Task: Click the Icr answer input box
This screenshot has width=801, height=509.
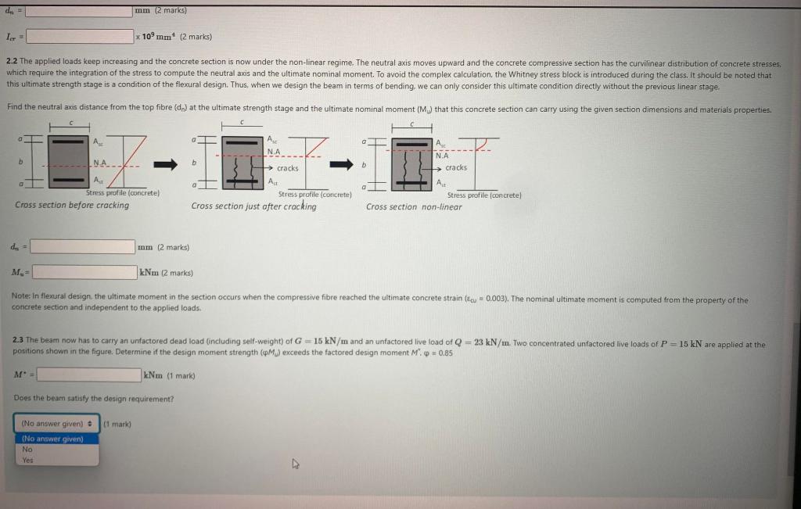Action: click(x=80, y=37)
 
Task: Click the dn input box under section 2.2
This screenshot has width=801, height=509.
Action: click(x=83, y=246)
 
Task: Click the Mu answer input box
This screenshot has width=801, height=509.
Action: click(x=84, y=272)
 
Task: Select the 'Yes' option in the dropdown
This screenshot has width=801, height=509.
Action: click(x=28, y=460)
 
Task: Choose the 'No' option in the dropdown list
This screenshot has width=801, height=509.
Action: click(x=27, y=450)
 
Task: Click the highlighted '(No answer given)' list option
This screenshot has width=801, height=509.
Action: click(x=52, y=439)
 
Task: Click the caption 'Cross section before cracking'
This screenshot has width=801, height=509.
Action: click(x=72, y=205)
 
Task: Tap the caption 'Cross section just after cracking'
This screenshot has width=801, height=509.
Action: click(x=253, y=206)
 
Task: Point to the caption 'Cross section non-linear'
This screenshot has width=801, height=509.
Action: click(x=414, y=207)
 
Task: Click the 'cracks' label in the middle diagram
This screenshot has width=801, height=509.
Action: click(x=287, y=168)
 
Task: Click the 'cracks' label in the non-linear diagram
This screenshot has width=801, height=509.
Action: click(x=455, y=167)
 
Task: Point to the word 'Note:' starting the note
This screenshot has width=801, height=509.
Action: click(x=21, y=299)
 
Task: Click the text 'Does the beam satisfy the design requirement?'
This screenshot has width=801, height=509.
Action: click(x=93, y=399)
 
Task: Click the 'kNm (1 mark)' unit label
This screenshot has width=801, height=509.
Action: click(x=168, y=375)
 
